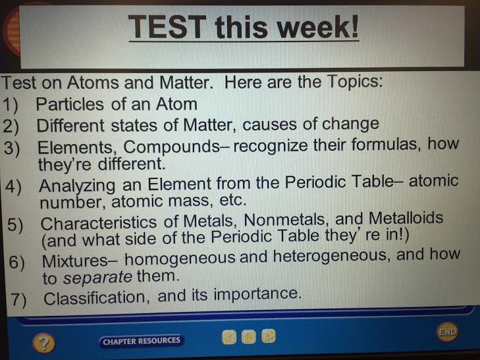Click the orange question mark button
coord(43,342)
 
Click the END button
coord(447,332)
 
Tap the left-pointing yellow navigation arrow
coord(228,337)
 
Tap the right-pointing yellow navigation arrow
coord(268,337)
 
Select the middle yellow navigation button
coord(248,337)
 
